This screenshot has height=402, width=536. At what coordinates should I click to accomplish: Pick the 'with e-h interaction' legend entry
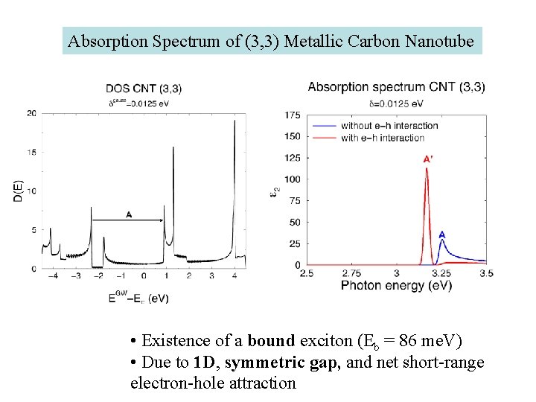click(x=383, y=137)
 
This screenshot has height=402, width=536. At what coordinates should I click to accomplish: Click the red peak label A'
click(x=428, y=159)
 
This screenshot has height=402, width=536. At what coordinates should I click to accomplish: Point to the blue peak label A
click(x=442, y=234)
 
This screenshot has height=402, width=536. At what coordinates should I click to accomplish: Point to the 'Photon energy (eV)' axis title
click(x=396, y=286)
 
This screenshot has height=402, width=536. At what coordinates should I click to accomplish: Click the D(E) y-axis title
click(x=19, y=189)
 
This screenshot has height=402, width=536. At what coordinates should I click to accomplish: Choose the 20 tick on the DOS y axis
click(x=31, y=113)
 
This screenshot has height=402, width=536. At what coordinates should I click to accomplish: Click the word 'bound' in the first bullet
click(x=271, y=342)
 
